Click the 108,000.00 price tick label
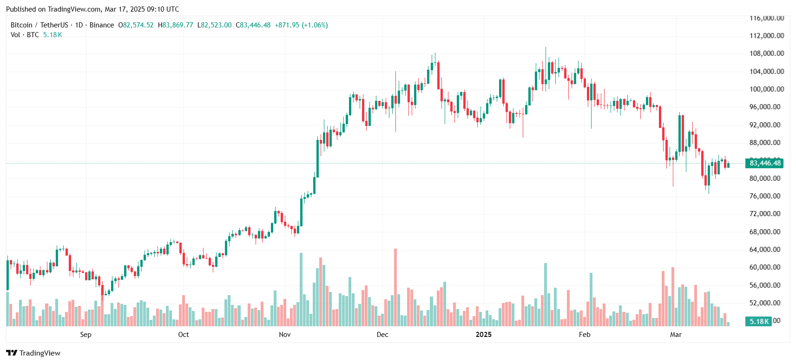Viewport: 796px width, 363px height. (x=766, y=53)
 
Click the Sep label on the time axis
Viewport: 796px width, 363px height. (x=86, y=335)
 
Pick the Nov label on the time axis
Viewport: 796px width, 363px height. (x=284, y=335)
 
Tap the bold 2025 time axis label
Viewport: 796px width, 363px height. (x=483, y=335)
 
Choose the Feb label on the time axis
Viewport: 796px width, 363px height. (x=585, y=335)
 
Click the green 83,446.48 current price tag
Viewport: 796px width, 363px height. (x=765, y=163)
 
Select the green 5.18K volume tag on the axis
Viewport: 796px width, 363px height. (x=759, y=321)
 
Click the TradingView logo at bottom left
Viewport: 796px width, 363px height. (x=33, y=353)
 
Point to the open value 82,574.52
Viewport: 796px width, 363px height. (x=138, y=25)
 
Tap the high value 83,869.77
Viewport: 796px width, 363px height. (x=178, y=25)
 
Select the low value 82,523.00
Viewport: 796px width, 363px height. (x=217, y=25)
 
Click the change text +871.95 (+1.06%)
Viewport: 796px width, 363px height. (x=301, y=25)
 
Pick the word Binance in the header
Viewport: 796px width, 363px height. (x=101, y=25)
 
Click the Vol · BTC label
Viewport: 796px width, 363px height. (x=25, y=35)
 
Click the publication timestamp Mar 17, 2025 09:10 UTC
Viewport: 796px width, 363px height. (x=142, y=9)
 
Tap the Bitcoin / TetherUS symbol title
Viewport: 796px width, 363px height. (x=39, y=25)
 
